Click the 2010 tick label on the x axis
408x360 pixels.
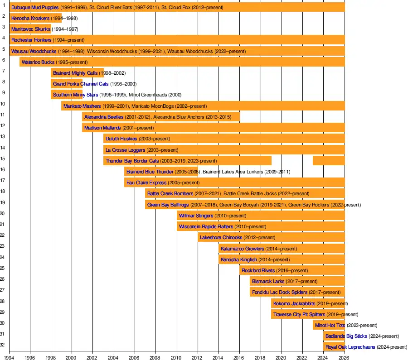tap(177, 357)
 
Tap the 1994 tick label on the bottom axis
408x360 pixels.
tap(9, 357)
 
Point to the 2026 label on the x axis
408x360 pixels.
tap(345, 357)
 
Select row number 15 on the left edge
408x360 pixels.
tap(3, 158)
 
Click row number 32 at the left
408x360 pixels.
tap(3, 345)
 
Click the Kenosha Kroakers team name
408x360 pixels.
tap(30, 19)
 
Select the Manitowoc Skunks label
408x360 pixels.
tap(31, 29)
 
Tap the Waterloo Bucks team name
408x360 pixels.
tap(38, 62)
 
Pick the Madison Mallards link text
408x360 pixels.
tap(102, 128)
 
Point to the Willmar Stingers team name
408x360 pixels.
tap(196, 216)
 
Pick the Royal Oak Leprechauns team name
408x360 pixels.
tap(346, 347)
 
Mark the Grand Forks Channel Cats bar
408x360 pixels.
tap(66, 84)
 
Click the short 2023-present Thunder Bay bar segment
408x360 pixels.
tap(329, 161)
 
